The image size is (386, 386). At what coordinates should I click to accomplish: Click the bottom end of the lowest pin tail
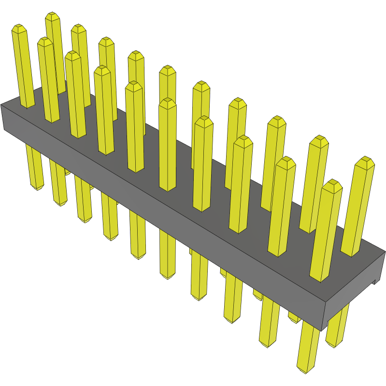click(x=303, y=371)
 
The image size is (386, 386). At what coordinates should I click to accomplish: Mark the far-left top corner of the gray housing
click(x=2, y=105)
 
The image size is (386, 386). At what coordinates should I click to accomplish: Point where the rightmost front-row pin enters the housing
click(x=319, y=279)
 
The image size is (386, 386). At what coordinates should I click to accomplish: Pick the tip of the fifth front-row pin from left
click(x=134, y=84)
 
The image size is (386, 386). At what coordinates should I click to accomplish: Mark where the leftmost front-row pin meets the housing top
click(x=27, y=106)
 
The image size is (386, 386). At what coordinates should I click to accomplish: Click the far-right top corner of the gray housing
click(x=385, y=251)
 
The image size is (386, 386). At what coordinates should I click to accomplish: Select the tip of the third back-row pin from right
click(x=276, y=119)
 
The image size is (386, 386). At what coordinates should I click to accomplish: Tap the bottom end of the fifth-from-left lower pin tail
click(x=139, y=257)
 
